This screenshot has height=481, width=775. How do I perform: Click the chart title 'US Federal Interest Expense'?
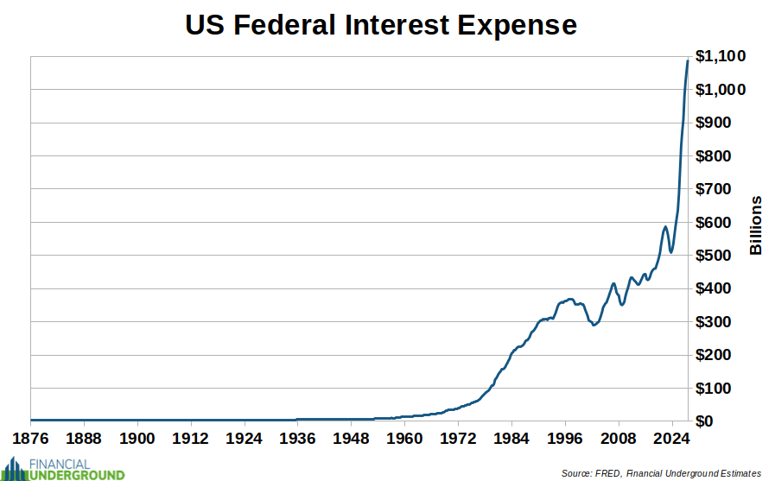pos(381,25)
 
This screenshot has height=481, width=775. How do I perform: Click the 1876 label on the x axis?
pos(30,438)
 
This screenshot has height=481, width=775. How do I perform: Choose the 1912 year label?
pos(191,438)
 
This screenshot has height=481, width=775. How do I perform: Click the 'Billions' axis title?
pos(756,225)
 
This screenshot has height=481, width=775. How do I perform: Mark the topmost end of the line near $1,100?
pos(688,60)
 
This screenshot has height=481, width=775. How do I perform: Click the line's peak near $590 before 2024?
pos(664,227)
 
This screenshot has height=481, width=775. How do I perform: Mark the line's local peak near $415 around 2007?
pos(613,283)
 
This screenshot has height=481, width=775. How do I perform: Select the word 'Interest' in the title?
pos(390,25)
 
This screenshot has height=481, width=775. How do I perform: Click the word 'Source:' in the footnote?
pos(575,473)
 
